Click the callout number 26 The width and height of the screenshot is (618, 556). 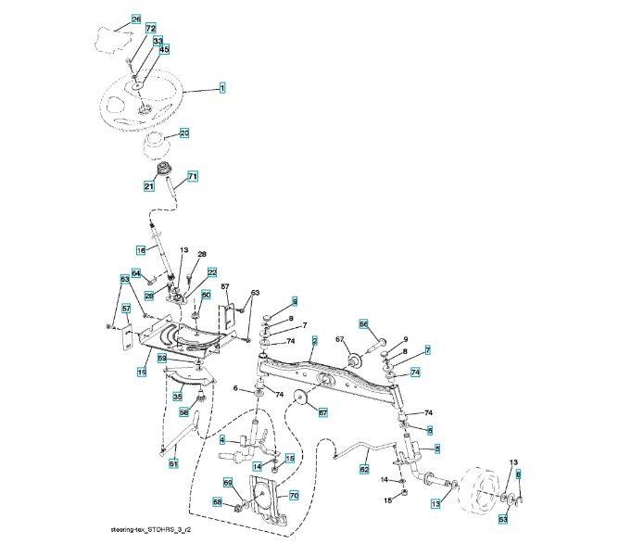coord(136,19)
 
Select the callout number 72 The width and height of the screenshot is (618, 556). coord(150,31)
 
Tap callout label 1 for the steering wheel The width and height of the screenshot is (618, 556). coord(222,88)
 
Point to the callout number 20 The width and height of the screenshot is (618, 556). coord(183,133)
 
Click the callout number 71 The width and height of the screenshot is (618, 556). coord(193,175)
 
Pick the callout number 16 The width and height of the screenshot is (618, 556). coord(141,250)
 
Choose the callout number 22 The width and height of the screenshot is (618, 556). coord(211,272)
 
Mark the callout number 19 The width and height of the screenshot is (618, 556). coord(143,371)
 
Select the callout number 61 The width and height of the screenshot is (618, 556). coord(173,463)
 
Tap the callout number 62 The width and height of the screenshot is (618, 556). coord(364,470)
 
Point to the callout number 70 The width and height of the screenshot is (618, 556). coord(294,496)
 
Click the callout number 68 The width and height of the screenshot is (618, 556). coord(218,502)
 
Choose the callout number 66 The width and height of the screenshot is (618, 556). coord(364,323)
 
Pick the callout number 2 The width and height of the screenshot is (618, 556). coord(315,341)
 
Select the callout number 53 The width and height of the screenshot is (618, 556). coord(503,520)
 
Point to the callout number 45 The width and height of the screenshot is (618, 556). coord(164,50)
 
